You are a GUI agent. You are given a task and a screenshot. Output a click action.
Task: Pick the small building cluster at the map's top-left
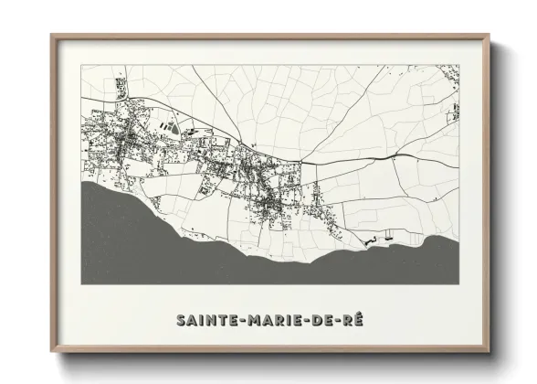tap(119, 87)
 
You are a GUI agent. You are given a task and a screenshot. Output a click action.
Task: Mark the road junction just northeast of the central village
tap(302, 162)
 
